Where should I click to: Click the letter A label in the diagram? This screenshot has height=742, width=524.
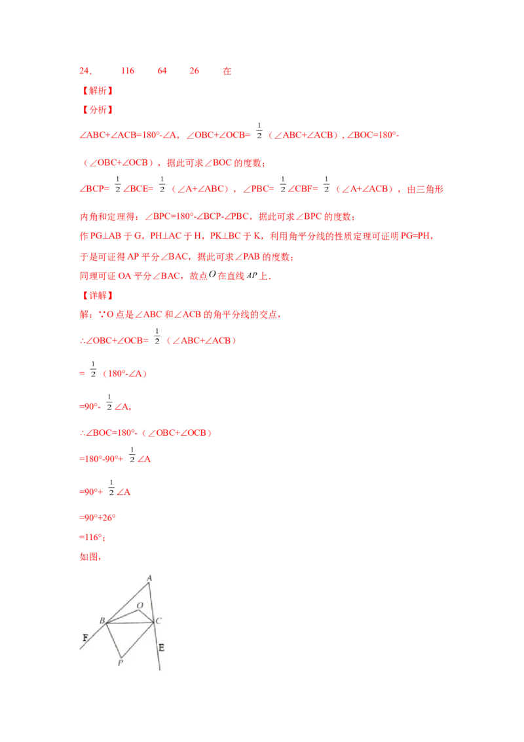pos(149,577)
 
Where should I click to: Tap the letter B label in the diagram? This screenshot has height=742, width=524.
pos(102,620)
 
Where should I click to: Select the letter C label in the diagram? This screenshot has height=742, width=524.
pos(159,621)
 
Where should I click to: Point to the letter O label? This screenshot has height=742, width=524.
pos(140,605)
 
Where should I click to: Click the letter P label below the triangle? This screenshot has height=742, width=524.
pos(121,663)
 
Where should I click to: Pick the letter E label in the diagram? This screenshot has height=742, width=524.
pos(161,648)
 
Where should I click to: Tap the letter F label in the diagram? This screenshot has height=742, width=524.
pos(85,636)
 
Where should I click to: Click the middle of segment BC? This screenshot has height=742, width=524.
pos(130,621)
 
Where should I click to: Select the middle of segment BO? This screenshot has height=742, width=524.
pos(123,615)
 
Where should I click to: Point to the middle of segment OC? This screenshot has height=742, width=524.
pos(147,615)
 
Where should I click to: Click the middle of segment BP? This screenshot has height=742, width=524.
pos(113,639)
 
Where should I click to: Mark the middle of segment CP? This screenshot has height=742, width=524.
pos(137,639)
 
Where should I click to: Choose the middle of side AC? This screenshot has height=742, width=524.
pos(151,602)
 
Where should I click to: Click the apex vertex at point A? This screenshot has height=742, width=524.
pos(149,583)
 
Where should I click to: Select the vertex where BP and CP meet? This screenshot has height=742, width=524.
pos(121,657)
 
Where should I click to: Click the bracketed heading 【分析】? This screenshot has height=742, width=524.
pos(97,109)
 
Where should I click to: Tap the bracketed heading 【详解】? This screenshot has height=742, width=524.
pos(97,296)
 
